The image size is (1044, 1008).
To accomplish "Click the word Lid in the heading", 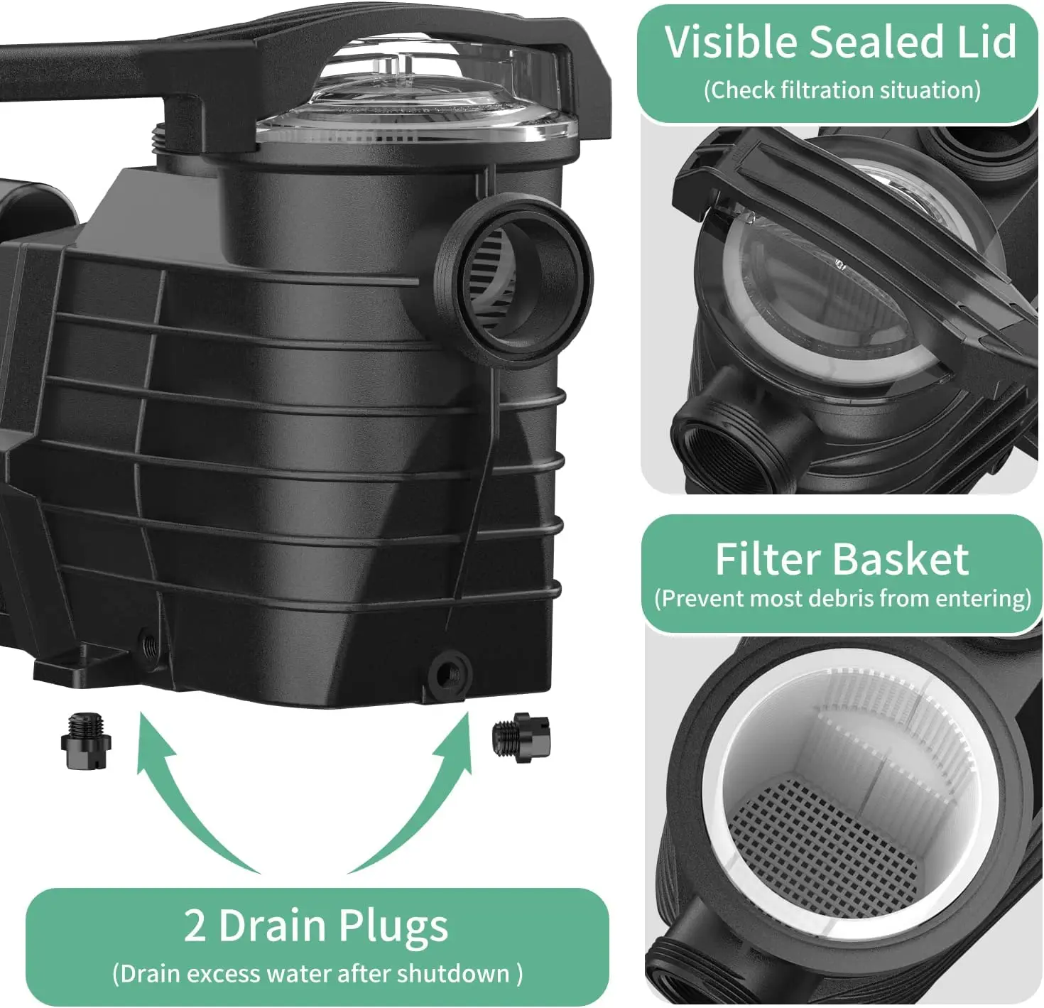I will [x=986, y=43].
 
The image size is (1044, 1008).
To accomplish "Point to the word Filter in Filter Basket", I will [x=770, y=560].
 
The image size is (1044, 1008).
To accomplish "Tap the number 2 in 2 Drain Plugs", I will [x=195, y=926].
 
